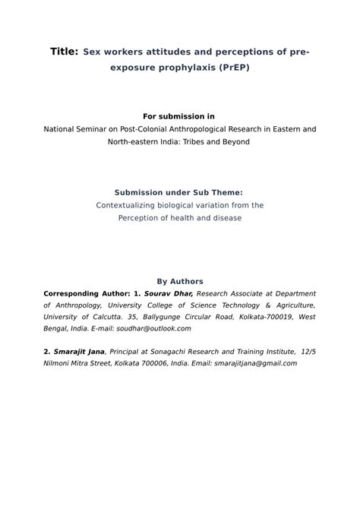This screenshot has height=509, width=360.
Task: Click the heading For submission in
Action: (x=179, y=116)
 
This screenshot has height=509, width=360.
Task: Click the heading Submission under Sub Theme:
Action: (x=179, y=193)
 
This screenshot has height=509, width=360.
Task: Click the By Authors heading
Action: (x=179, y=281)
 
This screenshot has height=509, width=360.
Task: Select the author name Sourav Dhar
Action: (x=169, y=293)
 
